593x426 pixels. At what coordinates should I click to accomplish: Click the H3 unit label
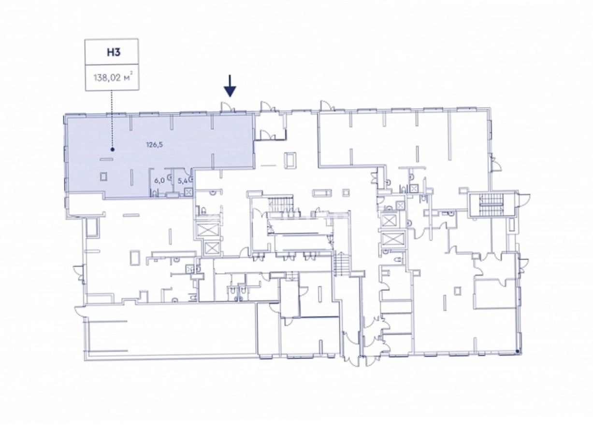point(114,52)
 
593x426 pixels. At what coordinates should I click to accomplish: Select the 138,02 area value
point(107,78)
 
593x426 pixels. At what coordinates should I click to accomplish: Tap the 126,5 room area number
point(155,145)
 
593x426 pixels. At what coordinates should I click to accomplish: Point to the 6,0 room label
point(159,180)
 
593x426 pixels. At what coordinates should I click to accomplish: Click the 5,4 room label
point(182,181)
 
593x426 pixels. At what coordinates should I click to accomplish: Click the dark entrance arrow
point(230,86)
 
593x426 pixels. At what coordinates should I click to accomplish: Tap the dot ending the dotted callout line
point(113,150)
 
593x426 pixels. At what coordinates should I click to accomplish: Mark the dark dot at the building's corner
point(517,352)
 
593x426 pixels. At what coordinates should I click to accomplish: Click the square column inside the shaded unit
point(103,176)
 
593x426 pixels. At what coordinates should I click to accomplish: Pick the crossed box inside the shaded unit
point(188,192)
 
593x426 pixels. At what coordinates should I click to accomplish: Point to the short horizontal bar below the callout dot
point(106,159)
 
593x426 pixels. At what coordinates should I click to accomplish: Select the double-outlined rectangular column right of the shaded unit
point(291,160)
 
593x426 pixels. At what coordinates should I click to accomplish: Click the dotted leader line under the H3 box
point(112,119)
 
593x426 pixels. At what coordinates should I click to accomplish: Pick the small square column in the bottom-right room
point(458,291)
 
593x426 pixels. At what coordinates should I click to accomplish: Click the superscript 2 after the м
point(131,75)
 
